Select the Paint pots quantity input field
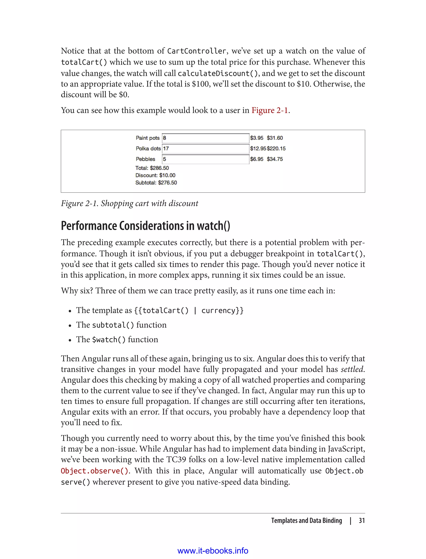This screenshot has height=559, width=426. [x=205, y=138]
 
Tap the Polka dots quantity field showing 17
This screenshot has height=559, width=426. [x=205, y=148]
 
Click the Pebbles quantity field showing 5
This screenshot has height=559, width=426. [x=205, y=159]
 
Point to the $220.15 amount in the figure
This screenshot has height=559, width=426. [x=276, y=148]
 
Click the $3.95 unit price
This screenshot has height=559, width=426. [x=257, y=138]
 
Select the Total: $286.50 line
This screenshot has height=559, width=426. [x=152, y=168]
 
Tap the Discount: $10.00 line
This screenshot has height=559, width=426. [x=155, y=175]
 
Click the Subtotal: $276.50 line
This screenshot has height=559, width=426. [x=156, y=183]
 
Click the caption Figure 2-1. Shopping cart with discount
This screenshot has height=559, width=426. [x=130, y=203]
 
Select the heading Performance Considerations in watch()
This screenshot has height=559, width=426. [x=146, y=226]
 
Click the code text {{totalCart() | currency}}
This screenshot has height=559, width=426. [x=189, y=310]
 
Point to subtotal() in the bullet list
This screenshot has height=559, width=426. [x=113, y=325]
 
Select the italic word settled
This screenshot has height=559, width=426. [x=352, y=369]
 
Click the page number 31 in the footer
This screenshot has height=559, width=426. [x=362, y=521]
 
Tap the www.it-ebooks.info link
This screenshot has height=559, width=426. [x=213, y=551]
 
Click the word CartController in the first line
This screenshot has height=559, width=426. [x=197, y=51]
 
